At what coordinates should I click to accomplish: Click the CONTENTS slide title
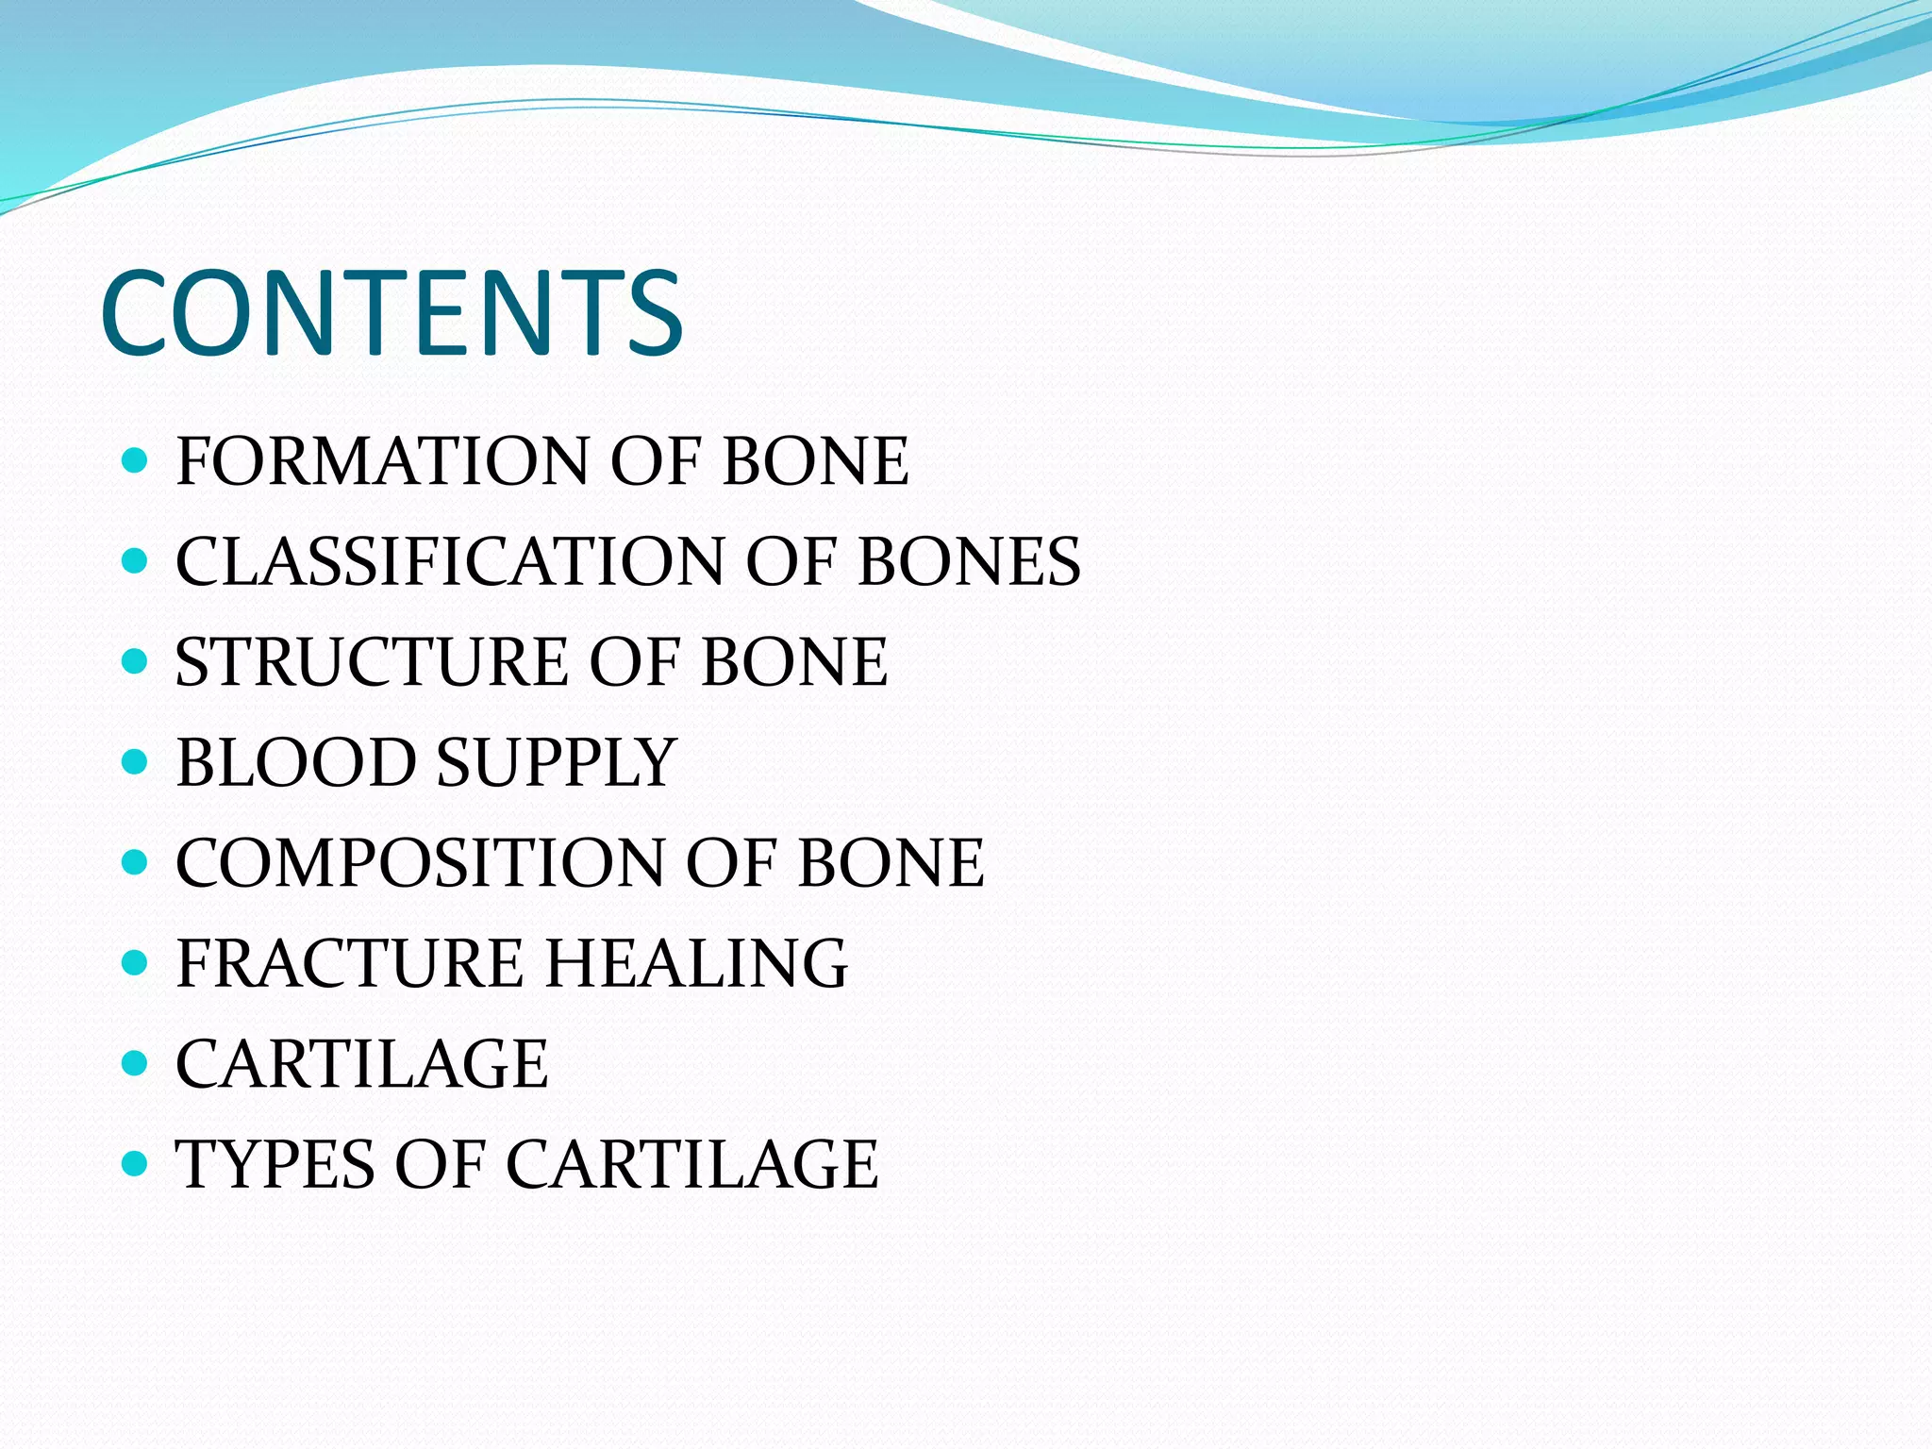391,313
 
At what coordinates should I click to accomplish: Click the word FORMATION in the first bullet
382,461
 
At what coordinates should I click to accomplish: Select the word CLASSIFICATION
449,562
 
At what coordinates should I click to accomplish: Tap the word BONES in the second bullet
969,562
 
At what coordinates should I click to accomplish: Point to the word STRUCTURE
372,662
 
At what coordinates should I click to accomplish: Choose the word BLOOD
295,762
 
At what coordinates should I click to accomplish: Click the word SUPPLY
557,762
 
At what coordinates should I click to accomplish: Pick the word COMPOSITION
420,863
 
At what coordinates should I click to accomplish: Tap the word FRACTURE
349,963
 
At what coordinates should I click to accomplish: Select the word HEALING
697,963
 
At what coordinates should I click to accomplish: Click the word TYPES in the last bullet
274,1164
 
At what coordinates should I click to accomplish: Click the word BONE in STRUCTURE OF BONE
794,662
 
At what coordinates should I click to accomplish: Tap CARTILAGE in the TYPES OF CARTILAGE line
691,1164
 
